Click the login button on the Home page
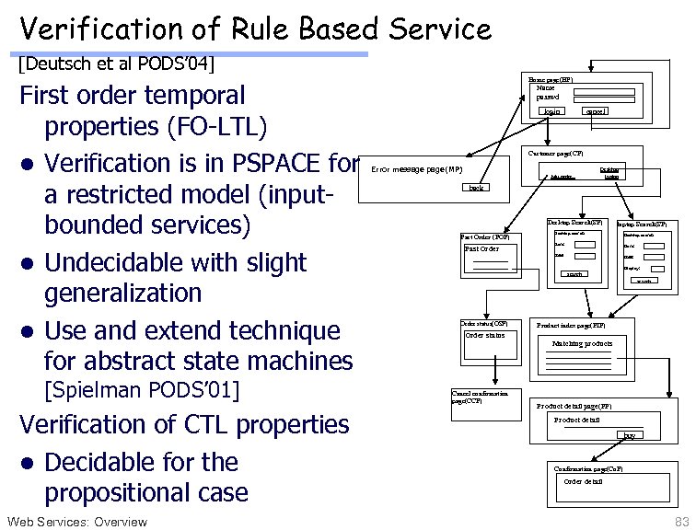(552, 111)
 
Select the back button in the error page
(476, 188)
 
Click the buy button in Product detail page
(629, 434)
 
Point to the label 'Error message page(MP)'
(416, 169)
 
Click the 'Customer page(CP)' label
(557, 152)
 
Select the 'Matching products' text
(582, 343)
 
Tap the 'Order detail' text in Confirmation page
(584, 481)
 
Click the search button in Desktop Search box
(574, 273)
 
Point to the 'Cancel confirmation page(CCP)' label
(474, 397)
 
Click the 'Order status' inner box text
(484, 335)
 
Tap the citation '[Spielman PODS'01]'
(141, 390)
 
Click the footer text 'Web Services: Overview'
(76, 522)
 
